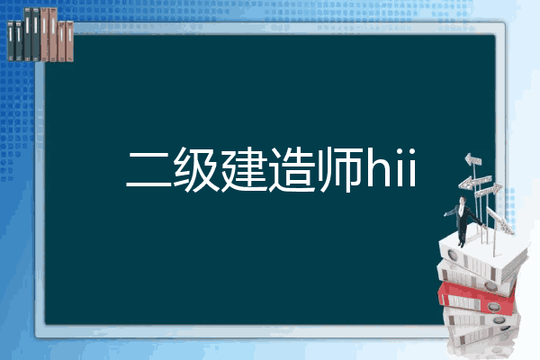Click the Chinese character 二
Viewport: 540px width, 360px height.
click(x=148, y=169)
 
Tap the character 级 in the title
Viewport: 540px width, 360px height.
click(x=196, y=169)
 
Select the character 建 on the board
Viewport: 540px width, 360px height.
click(x=244, y=169)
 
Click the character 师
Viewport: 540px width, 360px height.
click(x=341, y=169)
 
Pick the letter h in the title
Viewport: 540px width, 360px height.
click(x=380, y=167)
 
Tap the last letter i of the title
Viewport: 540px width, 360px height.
click(x=411, y=168)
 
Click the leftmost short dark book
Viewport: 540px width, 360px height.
click(x=11, y=41)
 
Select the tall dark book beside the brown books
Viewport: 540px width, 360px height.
click(x=36, y=34)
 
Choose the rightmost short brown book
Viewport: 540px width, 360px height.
click(x=70, y=41)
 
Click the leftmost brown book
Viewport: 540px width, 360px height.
click(x=45, y=34)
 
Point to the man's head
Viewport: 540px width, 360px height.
click(x=463, y=200)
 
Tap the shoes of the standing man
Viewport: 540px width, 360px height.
click(x=461, y=244)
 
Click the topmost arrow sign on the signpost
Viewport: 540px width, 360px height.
click(x=473, y=159)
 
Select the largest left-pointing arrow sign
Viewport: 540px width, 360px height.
click(x=474, y=182)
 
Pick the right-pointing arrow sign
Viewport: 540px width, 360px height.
click(x=489, y=190)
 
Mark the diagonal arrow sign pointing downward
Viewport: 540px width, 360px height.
click(x=499, y=220)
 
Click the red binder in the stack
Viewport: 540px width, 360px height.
click(x=477, y=298)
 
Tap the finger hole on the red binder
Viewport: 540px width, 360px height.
click(x=492, y=306)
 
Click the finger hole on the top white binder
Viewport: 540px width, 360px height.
click(x=452, y=255)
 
